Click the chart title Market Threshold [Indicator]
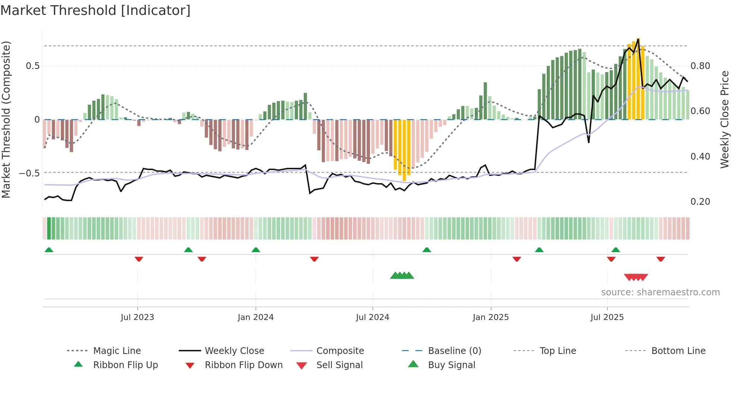click(x=95, y=10)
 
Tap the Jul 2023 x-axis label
click(x=137, y=317)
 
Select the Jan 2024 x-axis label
click(x=255, y=317)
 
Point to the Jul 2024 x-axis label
click(x=372, y=317)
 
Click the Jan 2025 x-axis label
click(x=490, y=317)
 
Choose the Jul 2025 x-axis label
click(x=607, y=317)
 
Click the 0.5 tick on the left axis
click(x=32, y=66)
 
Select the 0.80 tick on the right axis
click(x=700, y=66)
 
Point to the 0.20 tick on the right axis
click(x=700, y=202)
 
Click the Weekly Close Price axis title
click(x=724, y=119)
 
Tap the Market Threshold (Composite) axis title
click(x=6, y=119)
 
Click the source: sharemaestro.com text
click(x=660, y=292)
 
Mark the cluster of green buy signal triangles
click(x=402, y=276)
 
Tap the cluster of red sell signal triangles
click(x=636, y=277)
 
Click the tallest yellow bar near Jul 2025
click(x=638, y=78)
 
